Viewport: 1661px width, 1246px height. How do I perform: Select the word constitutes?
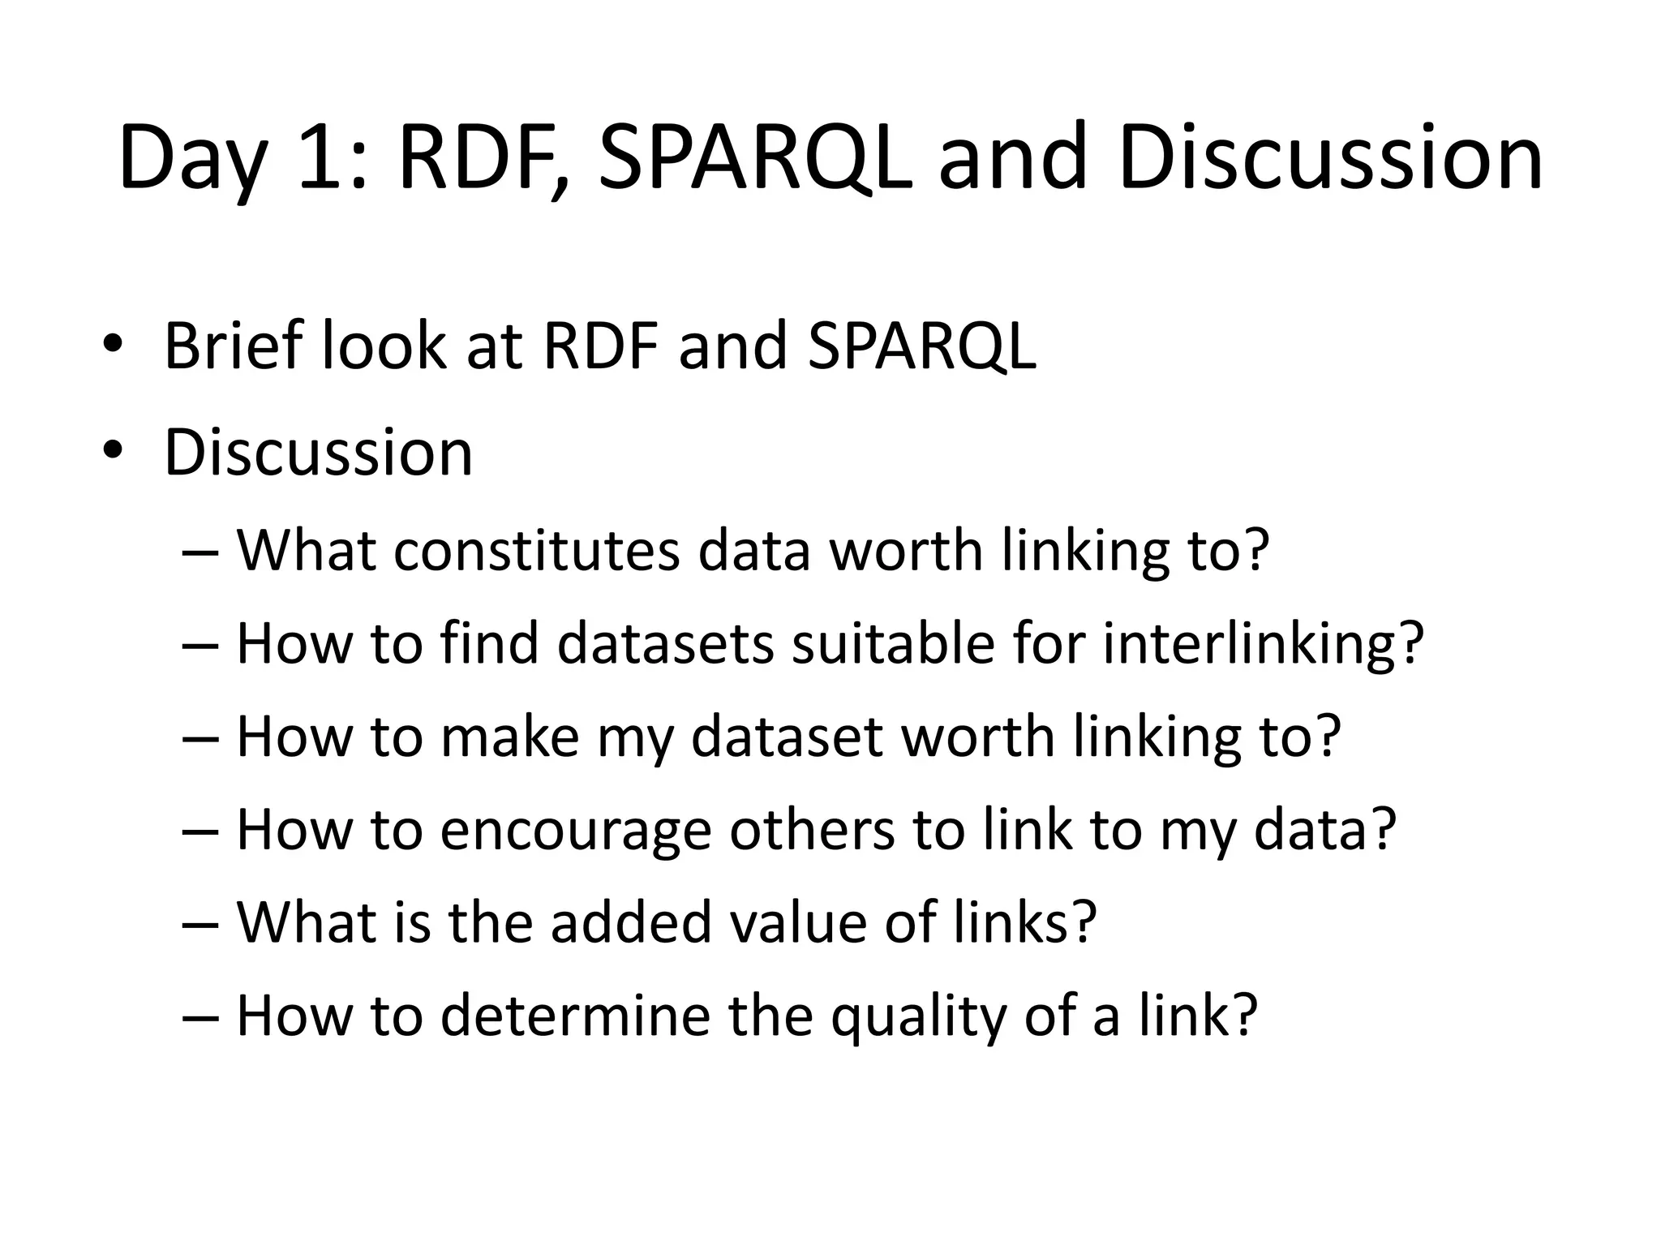pos(536,551)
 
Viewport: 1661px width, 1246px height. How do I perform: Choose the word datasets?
pos(665,644)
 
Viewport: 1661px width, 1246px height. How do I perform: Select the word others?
pos(811,831)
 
